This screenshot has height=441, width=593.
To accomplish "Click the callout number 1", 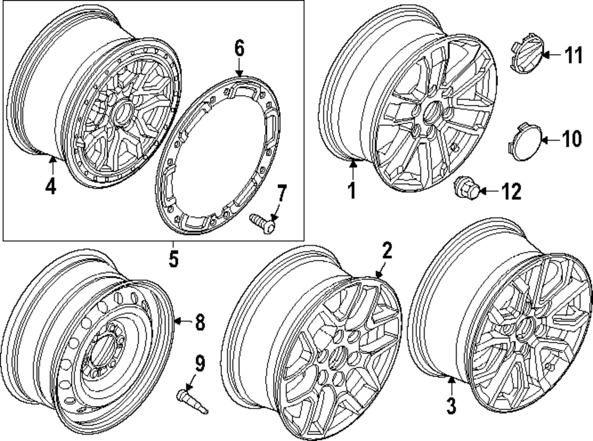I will pyautogui.click(x=351, y=191).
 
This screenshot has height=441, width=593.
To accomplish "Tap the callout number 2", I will pyautogui.click(x=387, y=251).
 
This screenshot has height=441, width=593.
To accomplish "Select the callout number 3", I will pyautogui.click(x=451, y=406).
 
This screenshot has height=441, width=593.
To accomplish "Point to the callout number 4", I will pyautogui.click(x=50, y=186).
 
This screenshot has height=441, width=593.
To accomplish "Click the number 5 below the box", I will pyautogui.click(x=173, y=259).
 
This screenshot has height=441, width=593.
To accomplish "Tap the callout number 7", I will pyautogui.click(x=282, y=192).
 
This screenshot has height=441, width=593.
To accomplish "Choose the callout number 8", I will pyautogui.click(x=199, y=322).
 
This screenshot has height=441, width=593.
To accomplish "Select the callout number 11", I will pyautogui.click(x=573, y=56).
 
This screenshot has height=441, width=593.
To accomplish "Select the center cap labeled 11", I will pyautogui.click(x=524, y=58).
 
